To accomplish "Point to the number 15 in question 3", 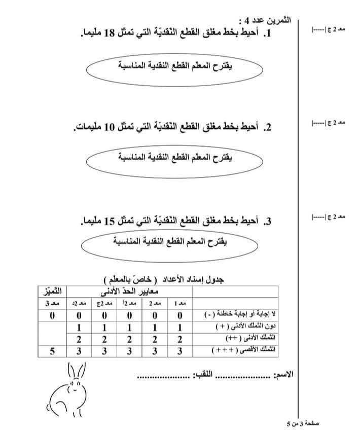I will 111,221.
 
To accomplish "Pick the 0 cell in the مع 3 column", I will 53,316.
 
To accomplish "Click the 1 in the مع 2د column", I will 79,328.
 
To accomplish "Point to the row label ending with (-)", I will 238,316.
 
